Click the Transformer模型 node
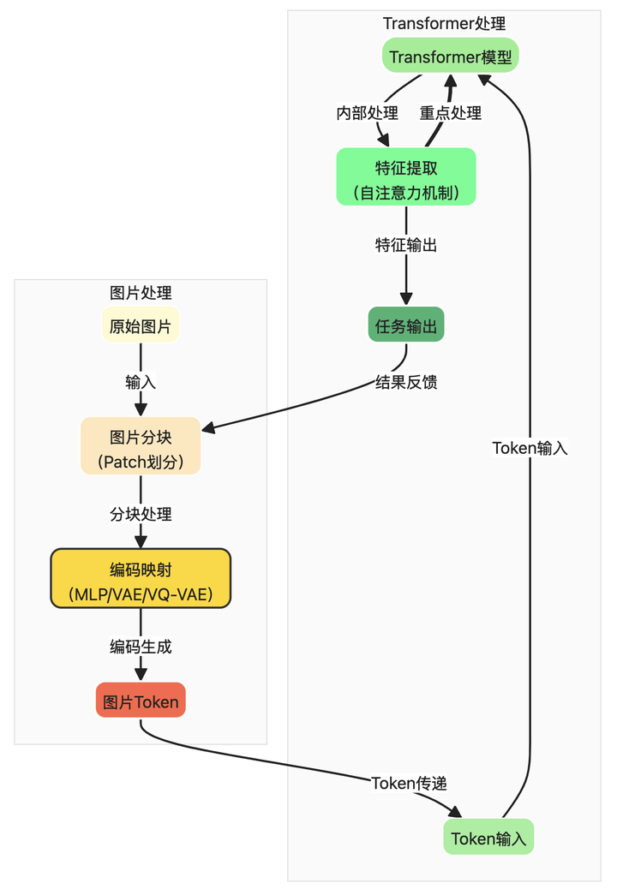click(x=451, y=57)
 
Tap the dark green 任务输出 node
click(x=406, y=325)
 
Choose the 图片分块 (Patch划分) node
click(x=141, y=446)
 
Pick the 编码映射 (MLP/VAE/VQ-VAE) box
click(x=141, y=578)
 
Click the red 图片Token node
click(x=141, y=701)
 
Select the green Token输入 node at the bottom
click(x=488, y=837)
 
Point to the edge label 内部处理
click(x=367, y=112)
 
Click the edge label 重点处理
click(x=450, y=112)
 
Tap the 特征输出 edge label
click(x=406, y=244)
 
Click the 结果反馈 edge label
click(x=406, y=381)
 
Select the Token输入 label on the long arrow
click(x=530, y=447)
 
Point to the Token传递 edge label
click(x=409, y=782)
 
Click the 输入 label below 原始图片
click(x=141, y=381)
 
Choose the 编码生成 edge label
click(x=141, y=646)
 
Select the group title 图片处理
click(x=141, y=292)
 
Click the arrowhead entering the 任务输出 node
click(x=406, y=299)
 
